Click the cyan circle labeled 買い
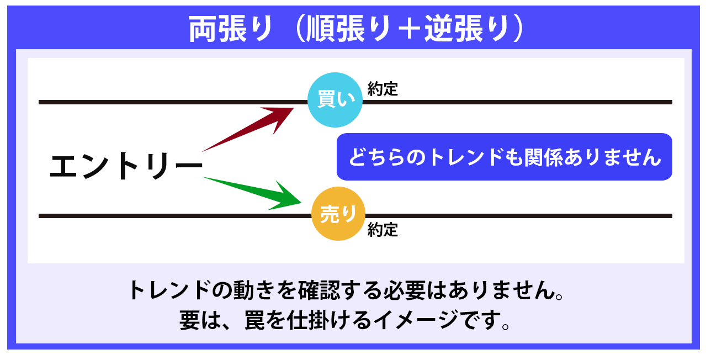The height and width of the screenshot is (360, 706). [x=335, y=100]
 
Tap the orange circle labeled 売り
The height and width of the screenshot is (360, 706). [x=338, y=214]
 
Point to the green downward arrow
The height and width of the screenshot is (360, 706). [x=252, y=193]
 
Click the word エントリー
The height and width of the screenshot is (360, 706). [x=126, y=166]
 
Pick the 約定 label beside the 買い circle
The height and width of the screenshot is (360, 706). [x=383, y=89]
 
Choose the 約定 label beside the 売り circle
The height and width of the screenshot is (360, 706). [x=383, y=230]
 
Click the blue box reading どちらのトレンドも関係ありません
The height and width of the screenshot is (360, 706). [x=505, y=157]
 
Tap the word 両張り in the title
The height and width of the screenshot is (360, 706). [x=231, y=29]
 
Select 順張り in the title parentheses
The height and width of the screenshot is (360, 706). [x=348, y=29]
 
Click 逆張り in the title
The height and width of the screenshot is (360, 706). [x=467, y=29]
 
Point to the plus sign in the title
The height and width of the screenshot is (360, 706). [x=407, y=29]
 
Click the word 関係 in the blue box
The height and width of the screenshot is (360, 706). [x=543, y=157]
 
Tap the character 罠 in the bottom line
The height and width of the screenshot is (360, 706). [x=254, y=320]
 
